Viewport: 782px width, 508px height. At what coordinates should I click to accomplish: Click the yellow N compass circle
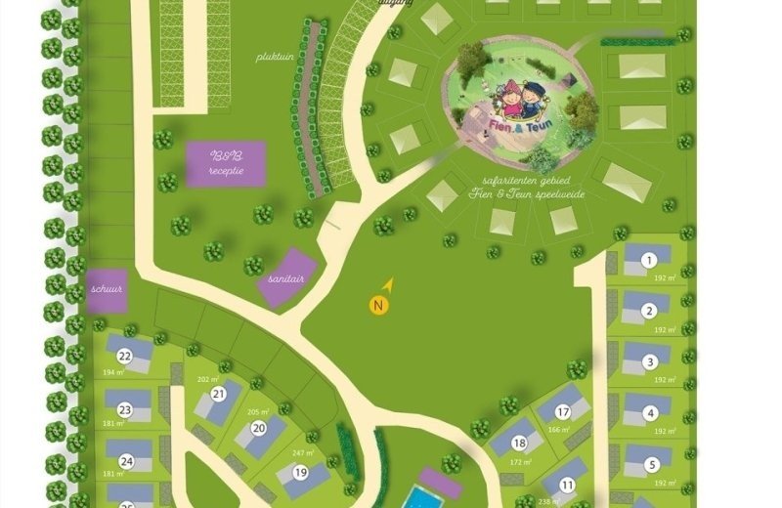tap(379, 306)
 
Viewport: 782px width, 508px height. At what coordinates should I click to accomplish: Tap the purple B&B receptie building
tap(225, 162)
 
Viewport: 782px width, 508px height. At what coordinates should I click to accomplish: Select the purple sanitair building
tap(287, 277)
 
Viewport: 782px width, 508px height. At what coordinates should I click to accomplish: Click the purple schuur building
tap(107, 291)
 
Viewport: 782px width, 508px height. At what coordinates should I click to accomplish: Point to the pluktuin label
tap(275, 57)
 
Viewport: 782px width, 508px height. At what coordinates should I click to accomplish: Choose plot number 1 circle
tap(649, 260)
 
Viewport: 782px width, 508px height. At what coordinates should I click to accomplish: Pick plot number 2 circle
tap(649, 312)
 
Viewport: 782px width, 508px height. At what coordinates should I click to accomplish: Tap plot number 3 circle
tap(650, 362)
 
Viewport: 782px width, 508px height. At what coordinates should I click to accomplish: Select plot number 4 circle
tap(650, 413)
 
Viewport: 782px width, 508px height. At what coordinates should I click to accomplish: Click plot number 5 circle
tap(651, 464)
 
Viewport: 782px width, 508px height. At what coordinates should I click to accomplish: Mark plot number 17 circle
tap(564, 414)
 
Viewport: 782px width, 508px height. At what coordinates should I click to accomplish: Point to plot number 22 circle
tap(124, 356)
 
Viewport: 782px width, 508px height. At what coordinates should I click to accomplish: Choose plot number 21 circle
tap(219, 394)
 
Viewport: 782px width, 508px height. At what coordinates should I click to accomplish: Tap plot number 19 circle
tap(299, 472)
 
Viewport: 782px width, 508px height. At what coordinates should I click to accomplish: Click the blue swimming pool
tap(421, 498)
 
